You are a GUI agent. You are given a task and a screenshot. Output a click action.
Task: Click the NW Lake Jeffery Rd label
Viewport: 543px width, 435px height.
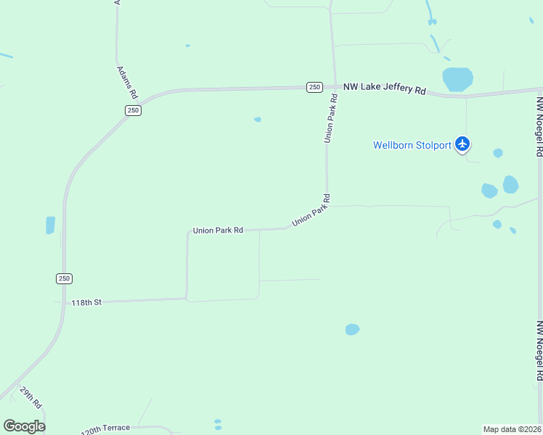tap(384, 88)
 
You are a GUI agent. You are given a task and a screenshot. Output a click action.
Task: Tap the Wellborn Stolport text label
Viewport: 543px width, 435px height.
tap(412, 145)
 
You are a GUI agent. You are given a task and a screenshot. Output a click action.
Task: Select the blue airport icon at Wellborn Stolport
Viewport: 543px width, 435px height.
tap(462, 144)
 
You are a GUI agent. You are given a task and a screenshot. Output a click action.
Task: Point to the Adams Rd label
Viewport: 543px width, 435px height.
tap(127, 82)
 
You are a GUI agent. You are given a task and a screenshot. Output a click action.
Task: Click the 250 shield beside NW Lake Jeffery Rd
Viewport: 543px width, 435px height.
tap(314, 87)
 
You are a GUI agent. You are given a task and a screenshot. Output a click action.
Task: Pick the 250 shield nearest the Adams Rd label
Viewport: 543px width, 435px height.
tap(132, 110)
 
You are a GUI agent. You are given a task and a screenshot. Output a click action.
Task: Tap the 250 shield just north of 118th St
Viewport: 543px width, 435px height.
tap(64, 278)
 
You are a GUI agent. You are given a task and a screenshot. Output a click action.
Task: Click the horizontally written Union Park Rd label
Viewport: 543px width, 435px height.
tap(218, 231)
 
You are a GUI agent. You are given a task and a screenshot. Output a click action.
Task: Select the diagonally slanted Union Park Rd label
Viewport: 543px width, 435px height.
tap(311, 210)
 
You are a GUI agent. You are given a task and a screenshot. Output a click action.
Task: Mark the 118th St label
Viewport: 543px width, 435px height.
tap(86, 302)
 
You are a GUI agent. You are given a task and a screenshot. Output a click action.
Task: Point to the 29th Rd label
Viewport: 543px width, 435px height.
tap(31, 397)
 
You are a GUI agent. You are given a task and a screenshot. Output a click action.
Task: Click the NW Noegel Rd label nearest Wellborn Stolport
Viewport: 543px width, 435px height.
tap(539, 127)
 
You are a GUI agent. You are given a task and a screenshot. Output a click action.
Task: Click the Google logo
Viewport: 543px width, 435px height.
tap(24, 426)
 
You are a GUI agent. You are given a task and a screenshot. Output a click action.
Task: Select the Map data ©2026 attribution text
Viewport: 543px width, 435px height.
tap(512, 429)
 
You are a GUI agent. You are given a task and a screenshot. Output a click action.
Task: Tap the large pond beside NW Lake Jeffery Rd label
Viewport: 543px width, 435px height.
tap(457, 78)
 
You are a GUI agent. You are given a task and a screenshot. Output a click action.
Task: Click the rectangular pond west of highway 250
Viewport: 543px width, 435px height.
tap(50, 225)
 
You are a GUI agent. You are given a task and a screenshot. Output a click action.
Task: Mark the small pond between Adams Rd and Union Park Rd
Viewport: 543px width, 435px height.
tap(258, 119)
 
